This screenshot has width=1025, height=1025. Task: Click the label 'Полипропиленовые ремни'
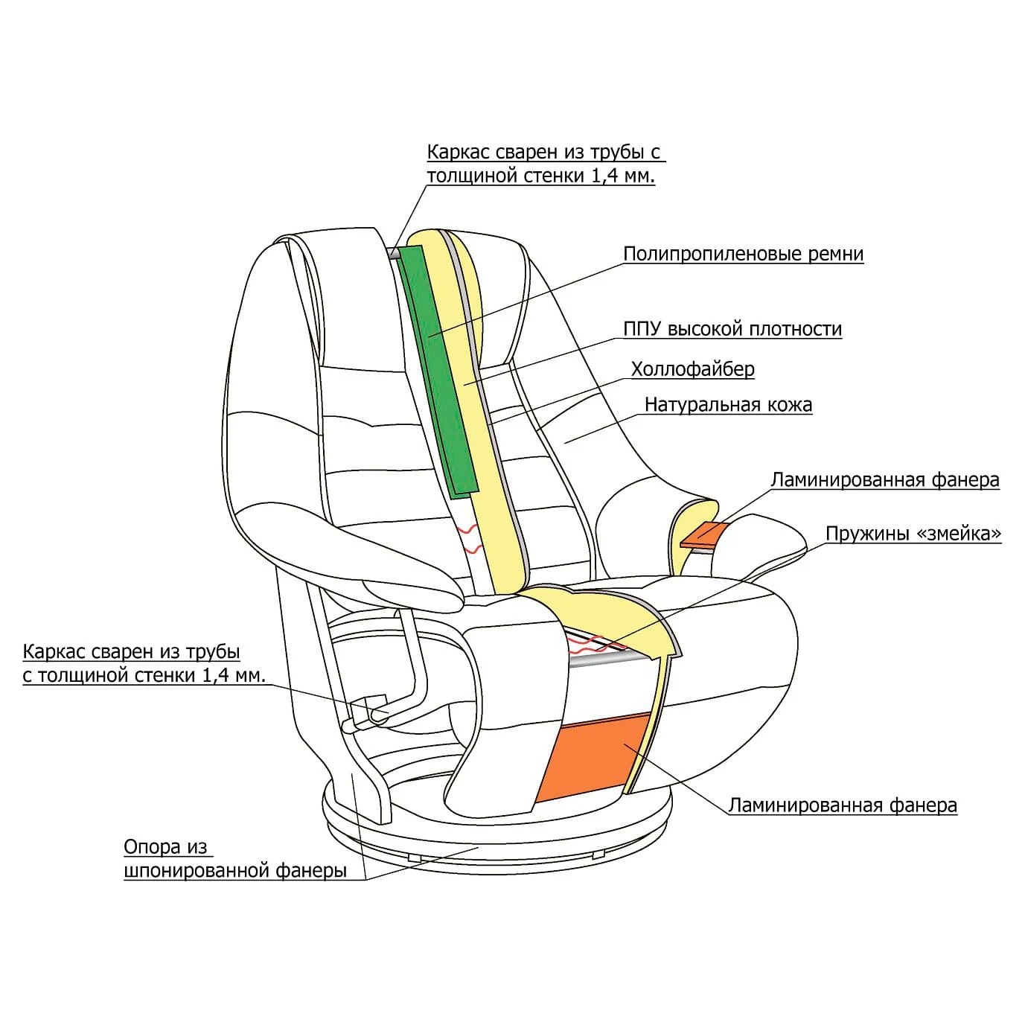click(743, 254)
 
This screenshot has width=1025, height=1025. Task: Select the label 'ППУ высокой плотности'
click(732, 329)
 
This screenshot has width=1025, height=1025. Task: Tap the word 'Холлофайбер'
click(692, 369)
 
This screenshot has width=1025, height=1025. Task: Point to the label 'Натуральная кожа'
click(728, 405)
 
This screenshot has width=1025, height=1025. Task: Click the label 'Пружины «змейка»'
click(913, 534)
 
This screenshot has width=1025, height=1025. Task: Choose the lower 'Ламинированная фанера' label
click(842, 805)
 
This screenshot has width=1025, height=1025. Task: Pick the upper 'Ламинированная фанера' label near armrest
click(884, 480)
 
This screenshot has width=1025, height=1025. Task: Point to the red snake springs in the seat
click(588, 640)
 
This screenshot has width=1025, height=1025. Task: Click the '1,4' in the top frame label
click(605, 176)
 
